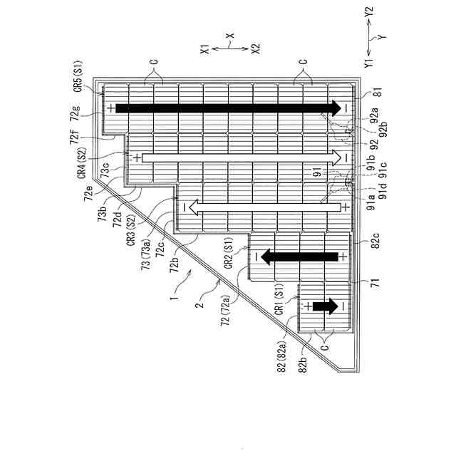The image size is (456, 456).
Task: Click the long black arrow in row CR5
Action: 228,108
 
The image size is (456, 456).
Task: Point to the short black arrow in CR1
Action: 323,306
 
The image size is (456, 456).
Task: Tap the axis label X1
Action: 204,49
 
